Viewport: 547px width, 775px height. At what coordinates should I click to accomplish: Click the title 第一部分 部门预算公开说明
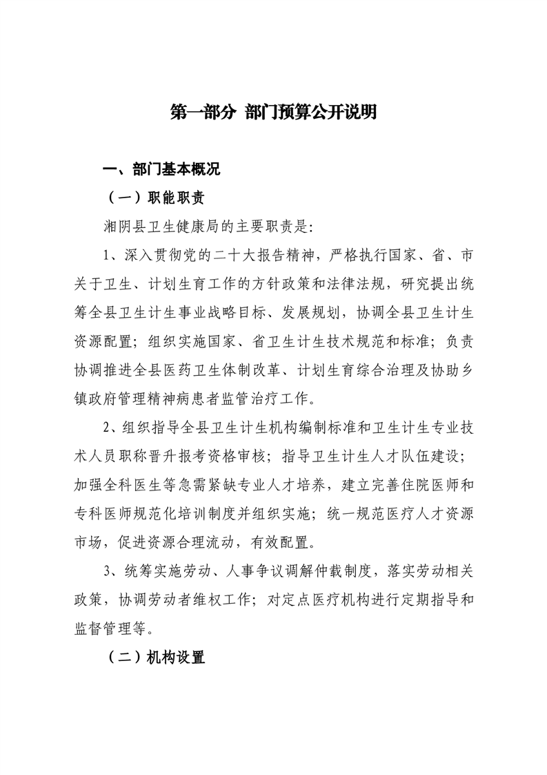point(273,113)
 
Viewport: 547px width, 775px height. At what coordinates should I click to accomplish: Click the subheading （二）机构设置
point(156,658)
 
